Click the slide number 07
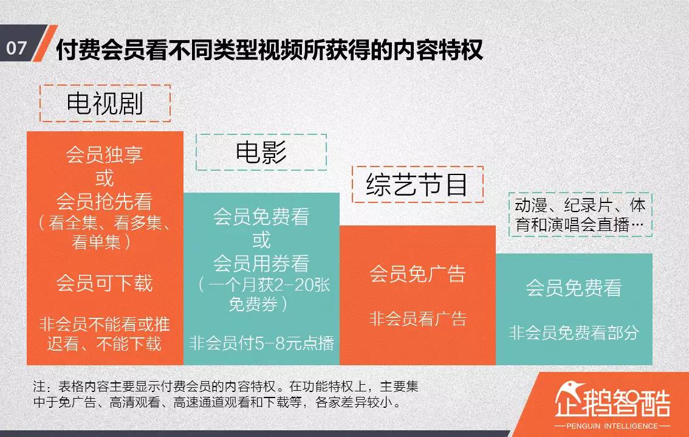[x=17, y=47]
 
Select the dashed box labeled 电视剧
[x=105, y=103]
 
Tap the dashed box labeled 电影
[x=261, y=152]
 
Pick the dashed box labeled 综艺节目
[x=418, y=184]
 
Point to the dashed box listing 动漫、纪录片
[x=580, y=215]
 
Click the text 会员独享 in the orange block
[x=105, y=154]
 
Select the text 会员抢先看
[x=105, y=201]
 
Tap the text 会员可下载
[x=105, y=283]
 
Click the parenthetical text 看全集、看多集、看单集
[x=105, y=233]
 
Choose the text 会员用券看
[x=261, y=263]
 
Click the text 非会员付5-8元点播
[x=261, y=343]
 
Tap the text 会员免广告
[x=417, y=274]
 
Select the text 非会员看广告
[x=417, y=318]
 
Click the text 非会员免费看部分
[x=574, y=332]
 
